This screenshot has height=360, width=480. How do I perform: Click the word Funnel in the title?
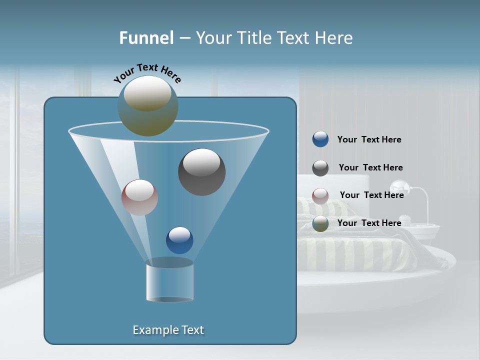tap(146, 38)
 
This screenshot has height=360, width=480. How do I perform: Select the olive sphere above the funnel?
tap(148, 106)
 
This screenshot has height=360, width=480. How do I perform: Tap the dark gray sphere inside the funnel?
tap(201, 172)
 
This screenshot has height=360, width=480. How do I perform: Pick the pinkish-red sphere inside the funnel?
tap(139, 197)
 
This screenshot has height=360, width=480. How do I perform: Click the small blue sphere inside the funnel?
tap(179, 240)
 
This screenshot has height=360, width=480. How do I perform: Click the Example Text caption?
tap(168, 330)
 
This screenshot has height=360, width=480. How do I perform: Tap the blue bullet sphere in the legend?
tap(320, 139)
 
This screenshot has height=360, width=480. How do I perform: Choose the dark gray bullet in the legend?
tap(320, 168)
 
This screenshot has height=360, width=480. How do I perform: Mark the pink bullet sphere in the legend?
tap(320, 196)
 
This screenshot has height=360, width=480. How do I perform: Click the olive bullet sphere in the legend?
tap(320, 223)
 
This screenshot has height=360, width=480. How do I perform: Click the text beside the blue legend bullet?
tap(369, 140)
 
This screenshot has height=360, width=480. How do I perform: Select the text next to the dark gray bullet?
tap(370, 168)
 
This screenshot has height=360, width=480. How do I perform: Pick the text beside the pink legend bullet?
tap(371, 195)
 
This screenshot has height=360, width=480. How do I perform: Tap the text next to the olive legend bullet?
tap(369, 223)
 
